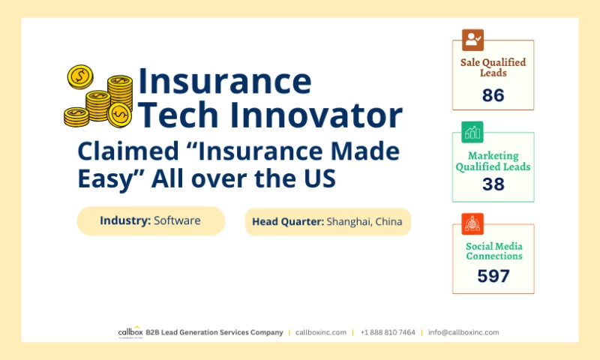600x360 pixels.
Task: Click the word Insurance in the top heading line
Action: [224, 80]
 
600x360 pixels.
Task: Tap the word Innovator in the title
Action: [315, 115]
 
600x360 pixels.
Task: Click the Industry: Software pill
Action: [151, 221]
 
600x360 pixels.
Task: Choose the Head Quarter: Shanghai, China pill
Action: [327, 222]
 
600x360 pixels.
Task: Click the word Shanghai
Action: [351, 222]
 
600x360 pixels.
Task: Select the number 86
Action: [493, 95]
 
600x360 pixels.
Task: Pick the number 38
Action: [493, 184]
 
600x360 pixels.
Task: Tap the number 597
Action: [493, 276]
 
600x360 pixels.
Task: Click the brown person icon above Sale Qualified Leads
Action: [472, 40]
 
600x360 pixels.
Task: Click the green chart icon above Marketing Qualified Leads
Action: [472, 132]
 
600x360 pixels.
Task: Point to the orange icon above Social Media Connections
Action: [472, 223]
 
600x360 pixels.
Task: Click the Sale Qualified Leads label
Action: [493, 67]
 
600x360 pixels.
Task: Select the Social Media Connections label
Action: [493, 251]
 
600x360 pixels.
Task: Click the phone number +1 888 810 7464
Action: [387, 332]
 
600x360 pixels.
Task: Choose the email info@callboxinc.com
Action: [463, 332]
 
